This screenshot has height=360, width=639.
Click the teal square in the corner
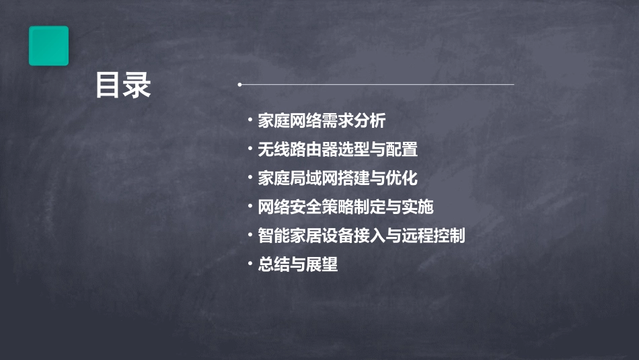coord(48,46)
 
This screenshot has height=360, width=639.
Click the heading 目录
coord(123,85)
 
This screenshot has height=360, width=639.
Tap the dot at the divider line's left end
coord(239,85)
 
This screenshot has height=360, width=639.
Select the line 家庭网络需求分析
coord(322,121)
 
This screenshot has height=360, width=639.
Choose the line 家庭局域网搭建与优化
coord(338,178)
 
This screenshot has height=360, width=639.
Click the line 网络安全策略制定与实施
coord(346,207)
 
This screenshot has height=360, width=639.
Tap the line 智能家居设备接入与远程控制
coord(361,236)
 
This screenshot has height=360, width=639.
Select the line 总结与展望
coord(297,264)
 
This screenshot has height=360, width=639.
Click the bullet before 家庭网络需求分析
coord(250,121)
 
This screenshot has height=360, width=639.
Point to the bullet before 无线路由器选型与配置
coord(250,149)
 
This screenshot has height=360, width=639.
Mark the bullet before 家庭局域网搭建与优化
coord(250,178)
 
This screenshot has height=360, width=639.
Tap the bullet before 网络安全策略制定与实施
coord(250,207)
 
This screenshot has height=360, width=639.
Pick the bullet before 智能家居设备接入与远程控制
coord(250,236)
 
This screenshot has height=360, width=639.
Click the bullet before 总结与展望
coord(250,264)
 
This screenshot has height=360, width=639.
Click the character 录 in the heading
coord(137,85)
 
